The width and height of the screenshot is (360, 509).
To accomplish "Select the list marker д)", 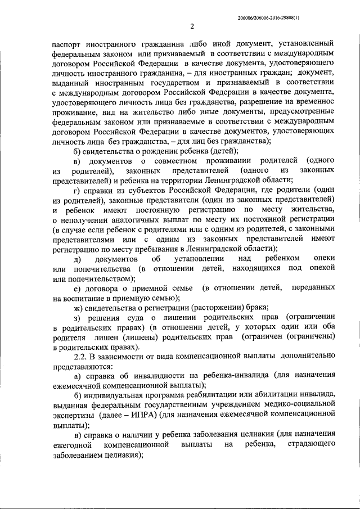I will (x=78, y=259).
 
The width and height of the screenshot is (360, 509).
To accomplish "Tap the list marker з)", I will (x=78, y=318).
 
